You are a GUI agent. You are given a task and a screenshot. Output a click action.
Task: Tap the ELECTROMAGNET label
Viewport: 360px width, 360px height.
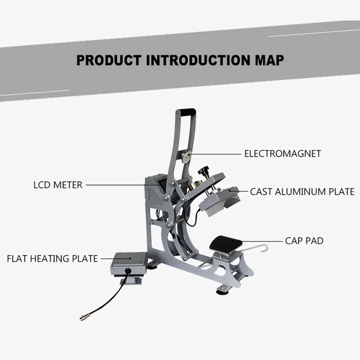click(x=282, y=154)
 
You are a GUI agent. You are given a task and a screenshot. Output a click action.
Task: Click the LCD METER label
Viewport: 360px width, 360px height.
click(x=58, y=185)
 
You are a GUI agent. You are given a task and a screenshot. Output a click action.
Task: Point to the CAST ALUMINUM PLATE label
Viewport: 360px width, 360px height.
click(x=302, y=192)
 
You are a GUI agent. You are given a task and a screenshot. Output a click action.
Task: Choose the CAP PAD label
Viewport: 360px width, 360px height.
click(x=304, y=240)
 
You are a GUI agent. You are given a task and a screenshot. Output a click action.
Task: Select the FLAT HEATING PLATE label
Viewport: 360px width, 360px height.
click(x=52, y=258)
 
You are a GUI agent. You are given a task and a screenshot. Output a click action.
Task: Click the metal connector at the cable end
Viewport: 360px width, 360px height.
click(x=83, y=318)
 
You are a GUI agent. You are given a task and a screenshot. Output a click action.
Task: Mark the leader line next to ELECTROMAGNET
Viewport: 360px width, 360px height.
click(x=216, y=154)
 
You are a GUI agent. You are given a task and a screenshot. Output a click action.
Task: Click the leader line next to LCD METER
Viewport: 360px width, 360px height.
click(x=121, y=185)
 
